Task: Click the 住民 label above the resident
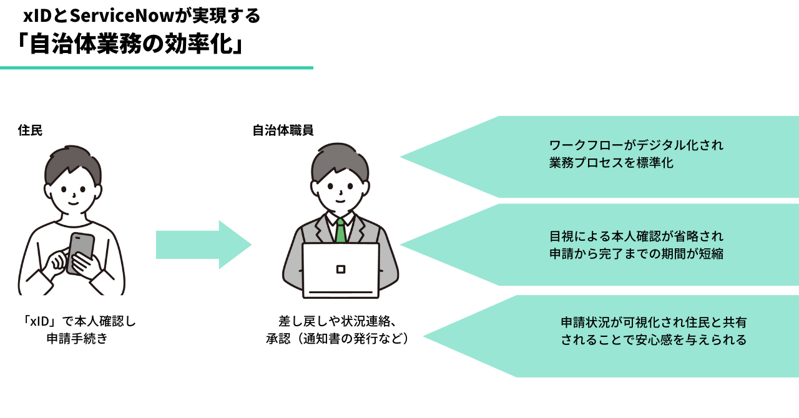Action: [x=30, y=131]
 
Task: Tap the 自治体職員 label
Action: [x=283, y=131]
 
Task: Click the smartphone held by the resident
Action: [x=81, y=253]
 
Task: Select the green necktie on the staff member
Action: [x=340, y=230]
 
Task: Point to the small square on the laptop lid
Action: [x=340, y=269]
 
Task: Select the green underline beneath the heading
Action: [x=156, y=67]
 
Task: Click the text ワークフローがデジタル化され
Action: [x=636, y=146]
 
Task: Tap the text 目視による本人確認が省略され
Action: [x=636, y=236]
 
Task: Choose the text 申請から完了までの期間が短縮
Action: [x=636, y=255]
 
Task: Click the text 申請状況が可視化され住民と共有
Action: [x=654, y=323]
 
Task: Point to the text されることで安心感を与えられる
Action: [x=654, y=340]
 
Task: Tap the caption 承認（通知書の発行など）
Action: [x=337, y=339]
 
